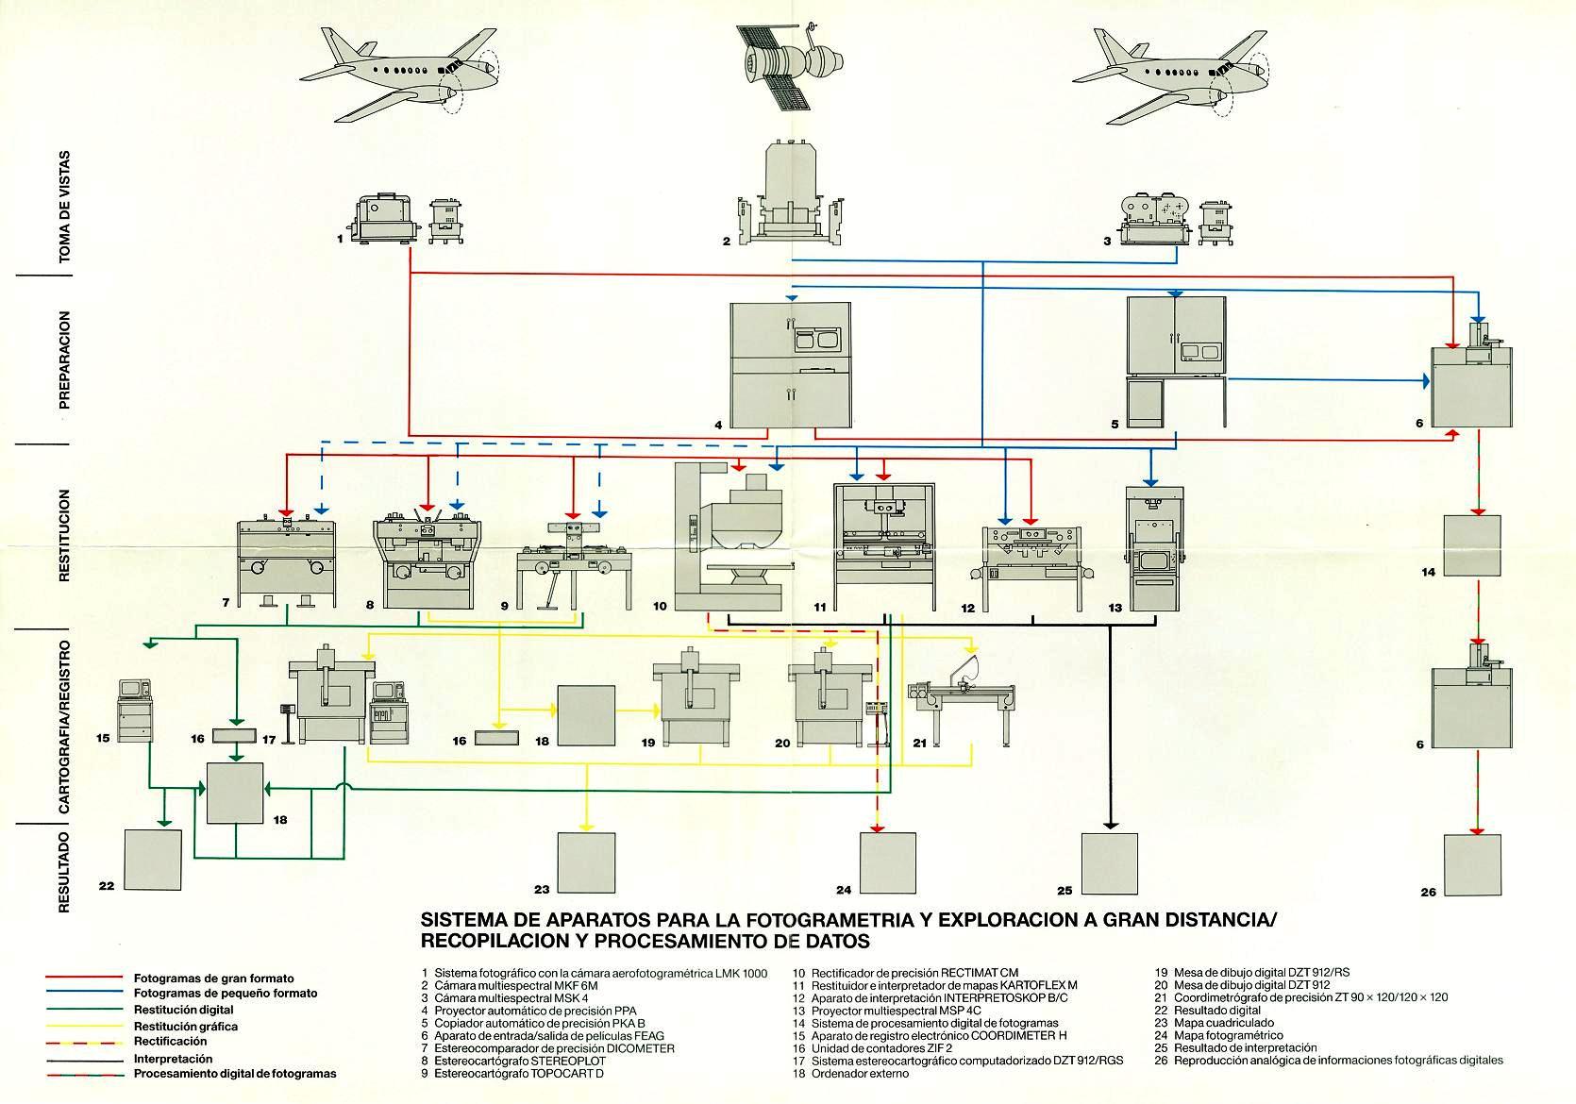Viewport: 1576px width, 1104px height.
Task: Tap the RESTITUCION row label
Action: coord(64,534)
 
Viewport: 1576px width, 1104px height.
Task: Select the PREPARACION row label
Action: coord(64,360)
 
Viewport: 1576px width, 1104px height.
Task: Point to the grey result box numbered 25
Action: coord(1111,863)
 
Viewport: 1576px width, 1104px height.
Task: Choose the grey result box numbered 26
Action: coord(1472,865)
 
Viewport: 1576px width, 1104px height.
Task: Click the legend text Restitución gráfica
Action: coord(186,1027)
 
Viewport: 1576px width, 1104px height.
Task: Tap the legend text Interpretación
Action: coord(173,1060)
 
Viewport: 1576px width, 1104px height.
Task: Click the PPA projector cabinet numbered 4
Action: coord(789,362)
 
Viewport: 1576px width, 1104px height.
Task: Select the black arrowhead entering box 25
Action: coord(1111,827)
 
